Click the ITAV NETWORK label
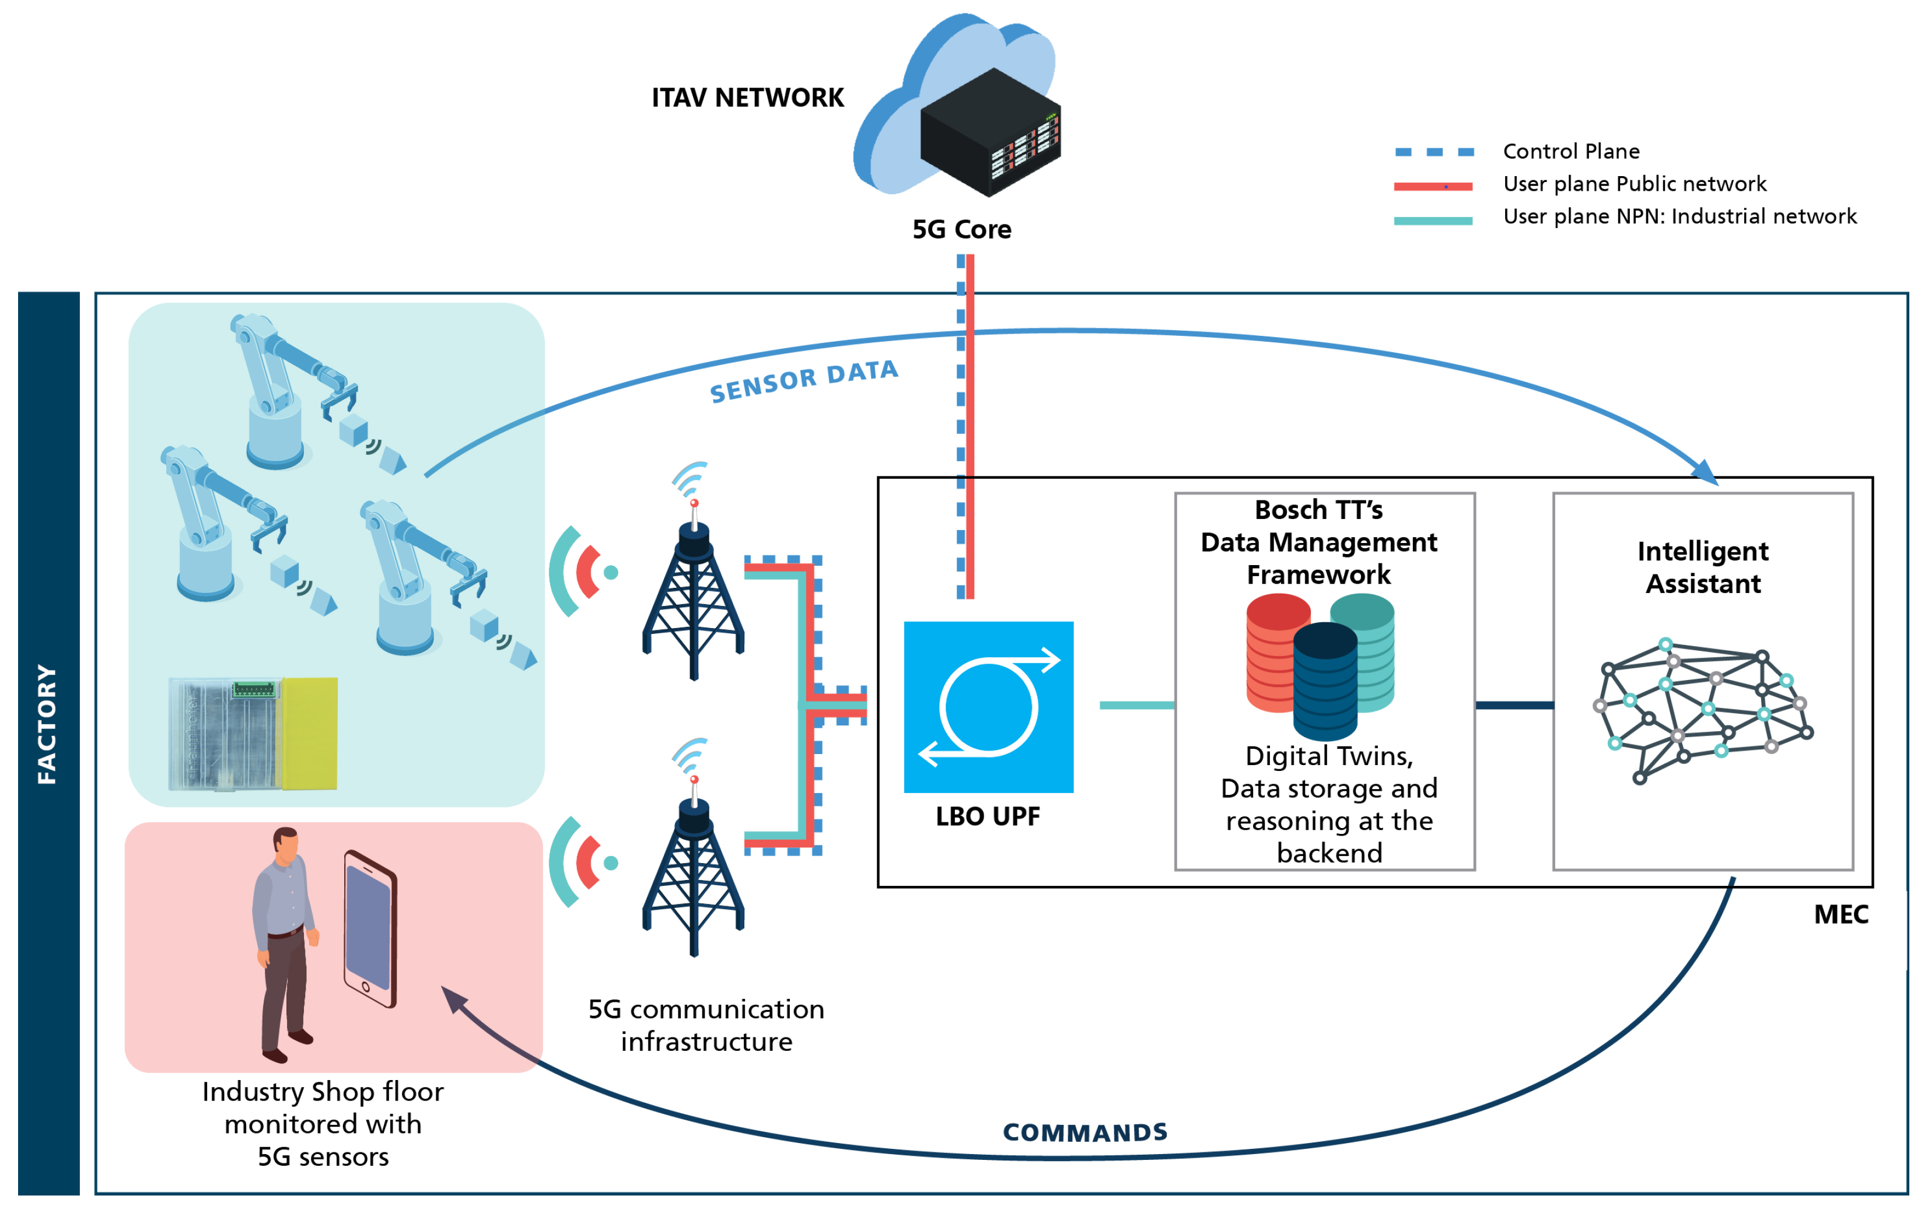(747, 97)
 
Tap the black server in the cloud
(990, 132)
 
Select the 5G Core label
(961, 230)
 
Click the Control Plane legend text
(1571, 150)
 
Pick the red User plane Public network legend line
(1433, 187)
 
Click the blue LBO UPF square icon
(988, 707)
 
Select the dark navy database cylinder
(1325, 681)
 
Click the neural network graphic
(1703, 711)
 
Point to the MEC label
(1841, 914)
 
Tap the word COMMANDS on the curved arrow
(1085, 1132)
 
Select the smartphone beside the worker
(370, 929)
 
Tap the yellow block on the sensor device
(310, 734)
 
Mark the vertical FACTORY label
(47, 724)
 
